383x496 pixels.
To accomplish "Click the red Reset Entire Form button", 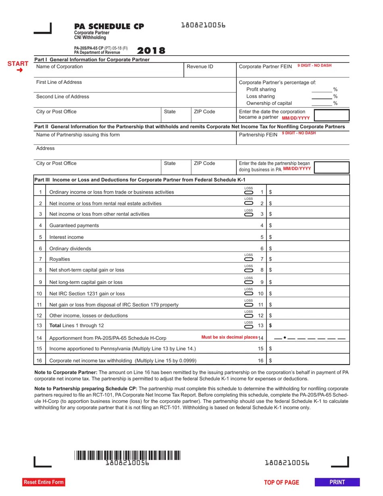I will point(44,482).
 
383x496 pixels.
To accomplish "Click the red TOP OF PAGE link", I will point(281,482).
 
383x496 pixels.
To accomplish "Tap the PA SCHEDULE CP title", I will point(109,27).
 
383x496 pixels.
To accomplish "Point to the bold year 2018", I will point(151,51).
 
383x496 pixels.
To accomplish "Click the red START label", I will point(18,64).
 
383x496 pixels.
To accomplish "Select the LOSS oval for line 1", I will point(249,192).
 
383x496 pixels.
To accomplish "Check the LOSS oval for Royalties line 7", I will point(249,259).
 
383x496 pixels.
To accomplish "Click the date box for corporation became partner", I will point(331,115).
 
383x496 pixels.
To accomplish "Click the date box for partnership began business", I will point(331,167).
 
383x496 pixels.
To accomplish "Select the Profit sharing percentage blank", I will point(322,90).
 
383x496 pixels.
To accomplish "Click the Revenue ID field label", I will point(200,67).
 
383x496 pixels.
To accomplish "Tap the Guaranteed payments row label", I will point(74,225).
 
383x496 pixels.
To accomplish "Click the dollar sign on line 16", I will point(271,361).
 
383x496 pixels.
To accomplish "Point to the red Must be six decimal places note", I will point(229,337).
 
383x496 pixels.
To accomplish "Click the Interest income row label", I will point(66,237).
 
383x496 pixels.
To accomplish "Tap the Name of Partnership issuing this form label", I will point(78,135).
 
